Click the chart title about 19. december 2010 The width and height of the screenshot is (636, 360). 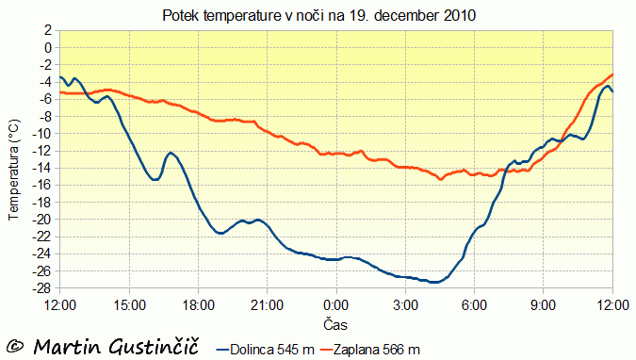[x=318, y=16]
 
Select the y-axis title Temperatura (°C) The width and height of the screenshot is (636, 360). [x=13, y=170]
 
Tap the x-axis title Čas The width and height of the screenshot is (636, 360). [x=335, y=325]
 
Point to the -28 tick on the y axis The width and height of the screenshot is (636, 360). [x=41, y=288]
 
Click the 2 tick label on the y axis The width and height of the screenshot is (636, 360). [x=48, y=30]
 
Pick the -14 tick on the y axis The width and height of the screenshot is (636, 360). [x=41, y=168]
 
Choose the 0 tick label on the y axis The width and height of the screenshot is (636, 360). [x=48, y=48]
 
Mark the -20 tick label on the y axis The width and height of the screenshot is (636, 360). [x=41, y=220]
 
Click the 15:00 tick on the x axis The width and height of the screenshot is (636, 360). [x=129, y=305]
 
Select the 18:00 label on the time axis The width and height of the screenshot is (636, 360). [x=199, y=305]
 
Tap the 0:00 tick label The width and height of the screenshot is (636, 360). [x=336, y=305]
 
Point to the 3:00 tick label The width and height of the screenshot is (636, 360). [x=405, y=305]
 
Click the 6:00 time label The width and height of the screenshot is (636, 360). [x=475, y=305]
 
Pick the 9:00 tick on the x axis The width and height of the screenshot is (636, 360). [x=544, y=305]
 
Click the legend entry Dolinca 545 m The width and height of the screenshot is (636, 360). [x=266, y=350]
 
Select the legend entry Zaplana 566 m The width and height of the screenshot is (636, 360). [x=370, y=350]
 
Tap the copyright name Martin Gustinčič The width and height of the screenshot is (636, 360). [x=116, y=347]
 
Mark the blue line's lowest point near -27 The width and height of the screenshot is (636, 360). [x=434, y=282]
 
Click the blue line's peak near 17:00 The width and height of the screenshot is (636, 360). [x=171, y=153]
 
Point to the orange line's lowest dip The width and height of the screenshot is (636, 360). [x=441, y=179]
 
